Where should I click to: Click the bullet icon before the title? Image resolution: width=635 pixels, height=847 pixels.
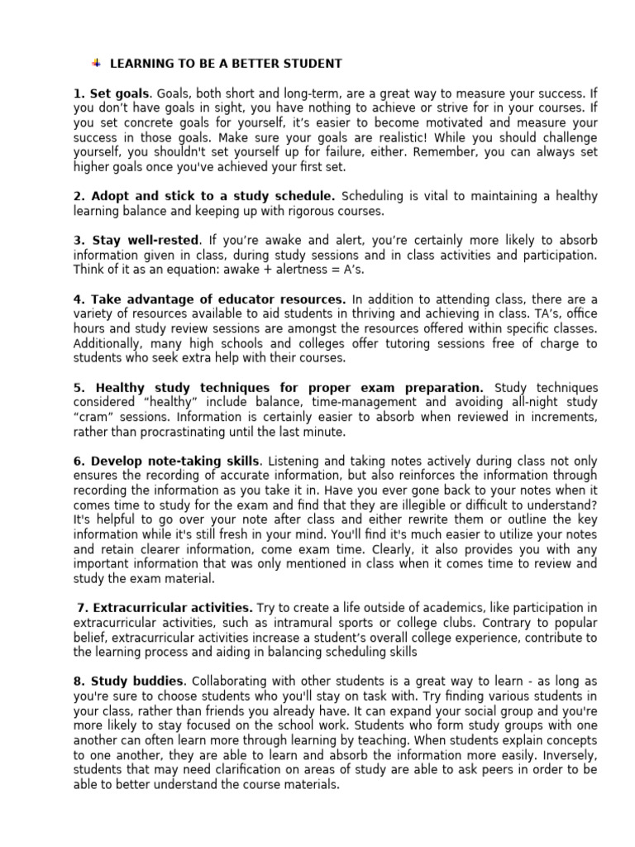point(96,63)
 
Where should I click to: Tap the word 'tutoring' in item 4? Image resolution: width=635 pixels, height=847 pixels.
point(422,343)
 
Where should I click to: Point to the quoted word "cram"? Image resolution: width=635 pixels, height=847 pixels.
point(91,417)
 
